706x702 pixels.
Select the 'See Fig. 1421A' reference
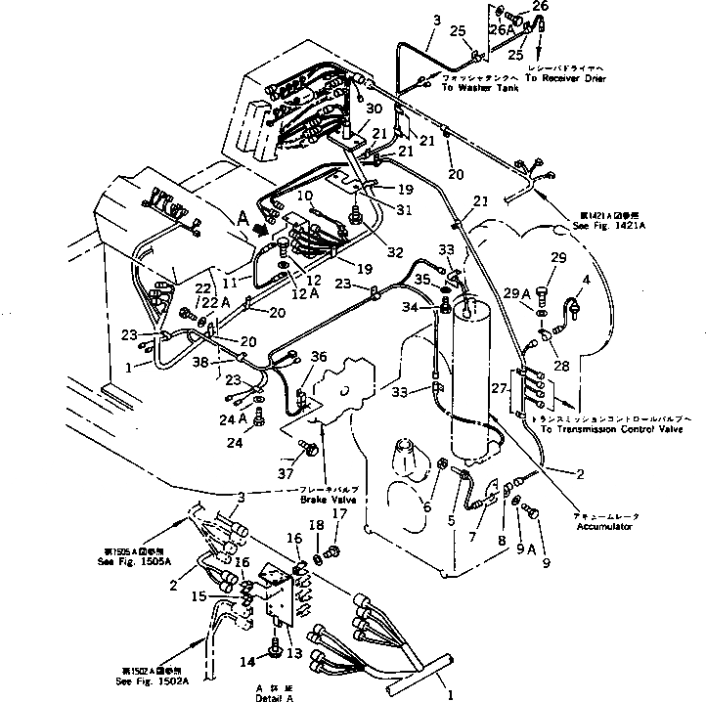coord(608,226)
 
